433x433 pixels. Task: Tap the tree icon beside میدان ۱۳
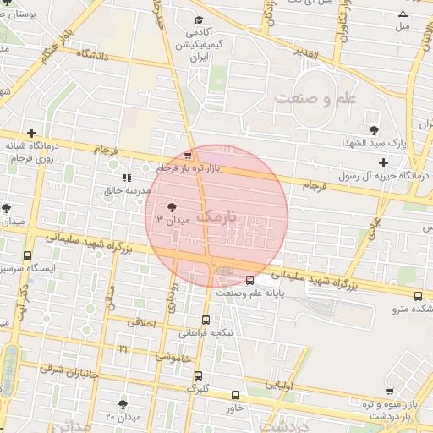(172, 206)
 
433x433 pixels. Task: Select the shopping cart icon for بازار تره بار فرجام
(188, 156)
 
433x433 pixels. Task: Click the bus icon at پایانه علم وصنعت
(249, 280)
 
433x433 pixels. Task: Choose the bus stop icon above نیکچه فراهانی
(206, 320)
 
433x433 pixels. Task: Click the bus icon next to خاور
(235, 395)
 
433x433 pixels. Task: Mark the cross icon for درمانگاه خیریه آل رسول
(383, 162)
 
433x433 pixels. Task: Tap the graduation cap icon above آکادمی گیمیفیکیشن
(199, 20)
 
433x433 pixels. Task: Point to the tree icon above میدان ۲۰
(123, 404)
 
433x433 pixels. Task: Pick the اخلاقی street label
(141, 322)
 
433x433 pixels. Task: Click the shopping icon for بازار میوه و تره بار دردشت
(389, 391)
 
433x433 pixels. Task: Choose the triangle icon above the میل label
(403, 13)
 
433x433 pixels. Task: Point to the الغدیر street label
(304, 55)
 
